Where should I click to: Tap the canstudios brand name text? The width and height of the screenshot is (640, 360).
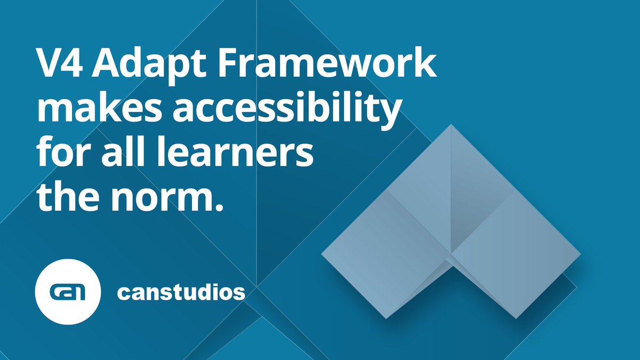(x=181, y=292)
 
